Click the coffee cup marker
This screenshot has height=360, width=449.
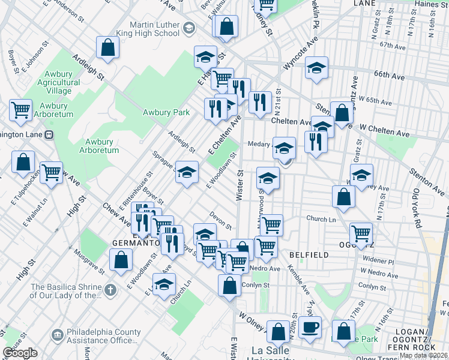[x=310, y=328]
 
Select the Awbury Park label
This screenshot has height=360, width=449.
[x=166, y=112]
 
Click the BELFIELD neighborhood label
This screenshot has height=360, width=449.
[x=309, y=255]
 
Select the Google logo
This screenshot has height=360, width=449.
[x=20, y=353]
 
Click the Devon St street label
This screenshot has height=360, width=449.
[x=220, y=220]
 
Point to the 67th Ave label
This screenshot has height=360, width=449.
[x=393, y=46]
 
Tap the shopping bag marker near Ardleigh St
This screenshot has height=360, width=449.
[x=107, y=47]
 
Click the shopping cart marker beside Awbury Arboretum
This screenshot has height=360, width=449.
[x=20, y=110]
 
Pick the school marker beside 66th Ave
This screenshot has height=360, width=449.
[x=316, y=67]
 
